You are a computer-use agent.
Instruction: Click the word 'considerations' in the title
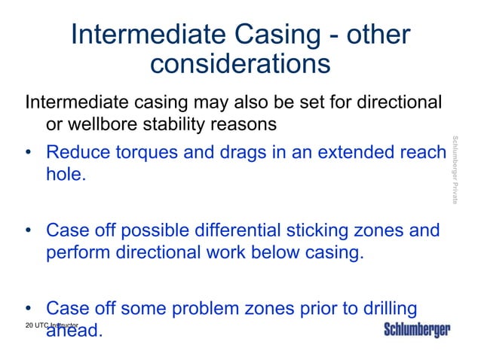coord(240,64)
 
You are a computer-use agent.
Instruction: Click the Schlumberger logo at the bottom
coord(417,330)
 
